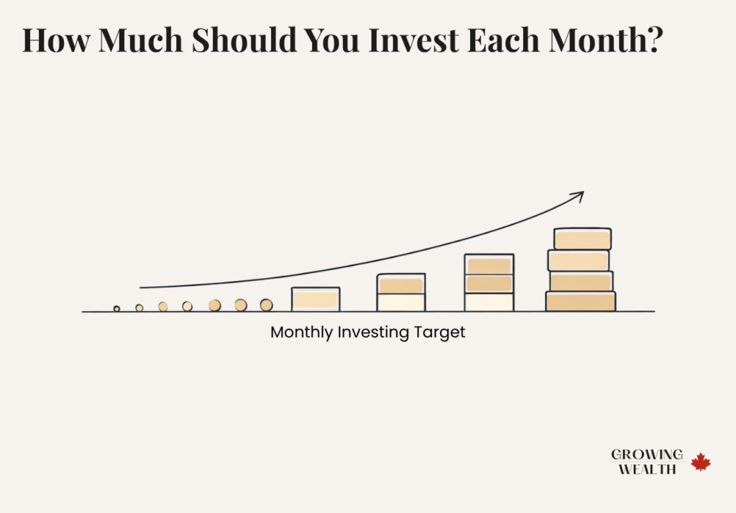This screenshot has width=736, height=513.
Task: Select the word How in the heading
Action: coord(57,42)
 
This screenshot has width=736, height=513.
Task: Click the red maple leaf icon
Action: coord(701,462)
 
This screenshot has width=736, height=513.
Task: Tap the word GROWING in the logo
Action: coord(647,455)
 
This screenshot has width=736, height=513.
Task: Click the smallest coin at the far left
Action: coord(116,308)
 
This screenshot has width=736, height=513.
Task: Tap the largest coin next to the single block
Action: coord(266,305)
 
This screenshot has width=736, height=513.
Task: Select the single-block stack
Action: coord(316,299)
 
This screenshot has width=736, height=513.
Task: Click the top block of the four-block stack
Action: coord(582,239)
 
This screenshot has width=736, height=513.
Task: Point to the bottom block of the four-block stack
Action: coord(581,301)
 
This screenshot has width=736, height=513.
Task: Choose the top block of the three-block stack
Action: coord(489,264)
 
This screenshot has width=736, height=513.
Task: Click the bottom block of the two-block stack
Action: coord(401,302)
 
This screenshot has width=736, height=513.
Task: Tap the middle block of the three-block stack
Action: coord(489,283)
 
